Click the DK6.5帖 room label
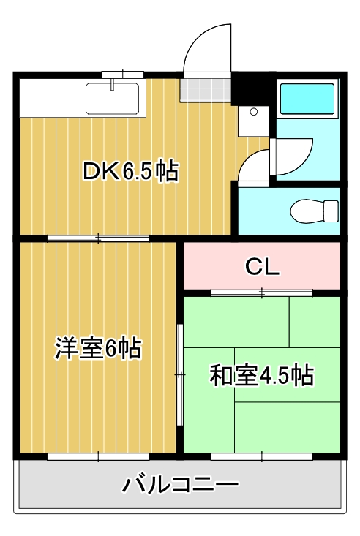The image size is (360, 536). click(x=130, y=172)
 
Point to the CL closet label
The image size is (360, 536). click(x=261, y=267)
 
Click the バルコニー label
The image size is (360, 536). click(x=180, y=484)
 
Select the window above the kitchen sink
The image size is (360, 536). click(x=122, y=73)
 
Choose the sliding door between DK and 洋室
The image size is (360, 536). click(x=98, y=238)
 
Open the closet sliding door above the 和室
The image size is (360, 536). click(x=261, y=293)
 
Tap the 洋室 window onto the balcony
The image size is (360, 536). click(x=98, y=456)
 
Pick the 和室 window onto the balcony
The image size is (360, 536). click(x=261, y=456)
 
